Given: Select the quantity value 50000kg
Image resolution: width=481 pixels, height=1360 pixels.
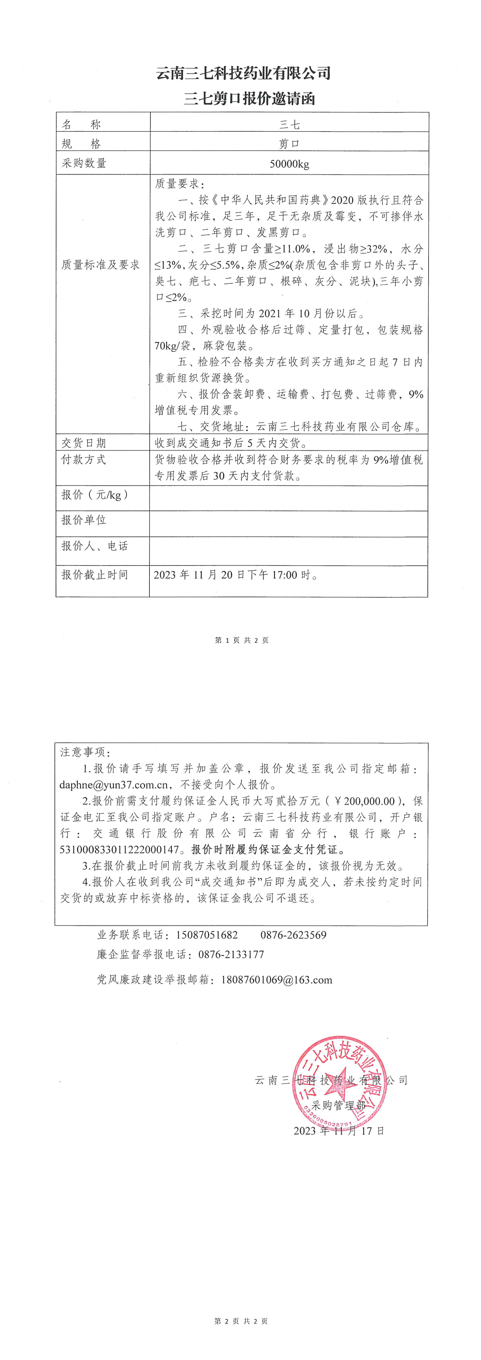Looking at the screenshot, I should click(289, 164).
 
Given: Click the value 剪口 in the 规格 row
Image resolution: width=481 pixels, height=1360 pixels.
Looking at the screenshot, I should click(289, 144).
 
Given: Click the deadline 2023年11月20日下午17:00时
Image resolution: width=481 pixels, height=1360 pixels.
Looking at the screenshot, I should click(236, 575).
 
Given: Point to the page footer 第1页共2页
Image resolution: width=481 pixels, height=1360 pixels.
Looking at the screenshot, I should click(242, 640).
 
